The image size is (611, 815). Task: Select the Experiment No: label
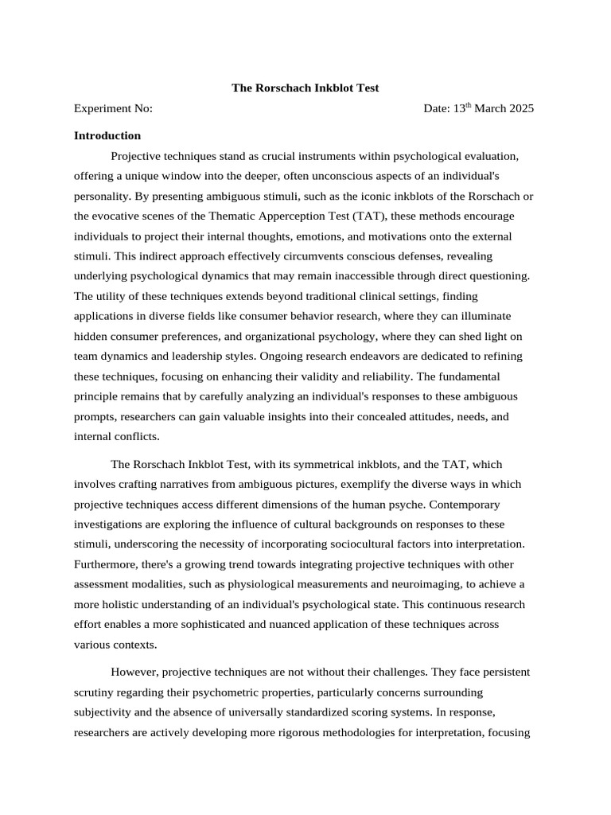[113, 108]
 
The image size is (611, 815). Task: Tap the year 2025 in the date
[518, 108]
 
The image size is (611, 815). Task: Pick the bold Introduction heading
[107, 135]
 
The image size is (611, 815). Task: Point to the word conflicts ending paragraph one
[136, 436]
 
